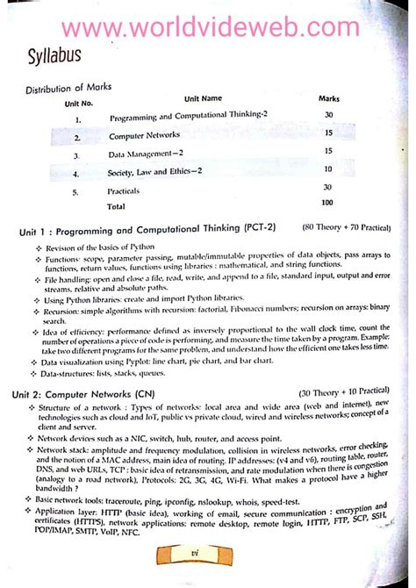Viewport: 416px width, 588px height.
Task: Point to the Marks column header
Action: pos(327,100)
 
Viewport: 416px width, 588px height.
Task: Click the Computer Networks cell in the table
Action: pos(144,136)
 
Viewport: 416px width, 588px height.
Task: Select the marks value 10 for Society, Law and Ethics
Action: pos(326,169)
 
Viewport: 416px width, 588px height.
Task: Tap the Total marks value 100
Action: pos(326,203)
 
